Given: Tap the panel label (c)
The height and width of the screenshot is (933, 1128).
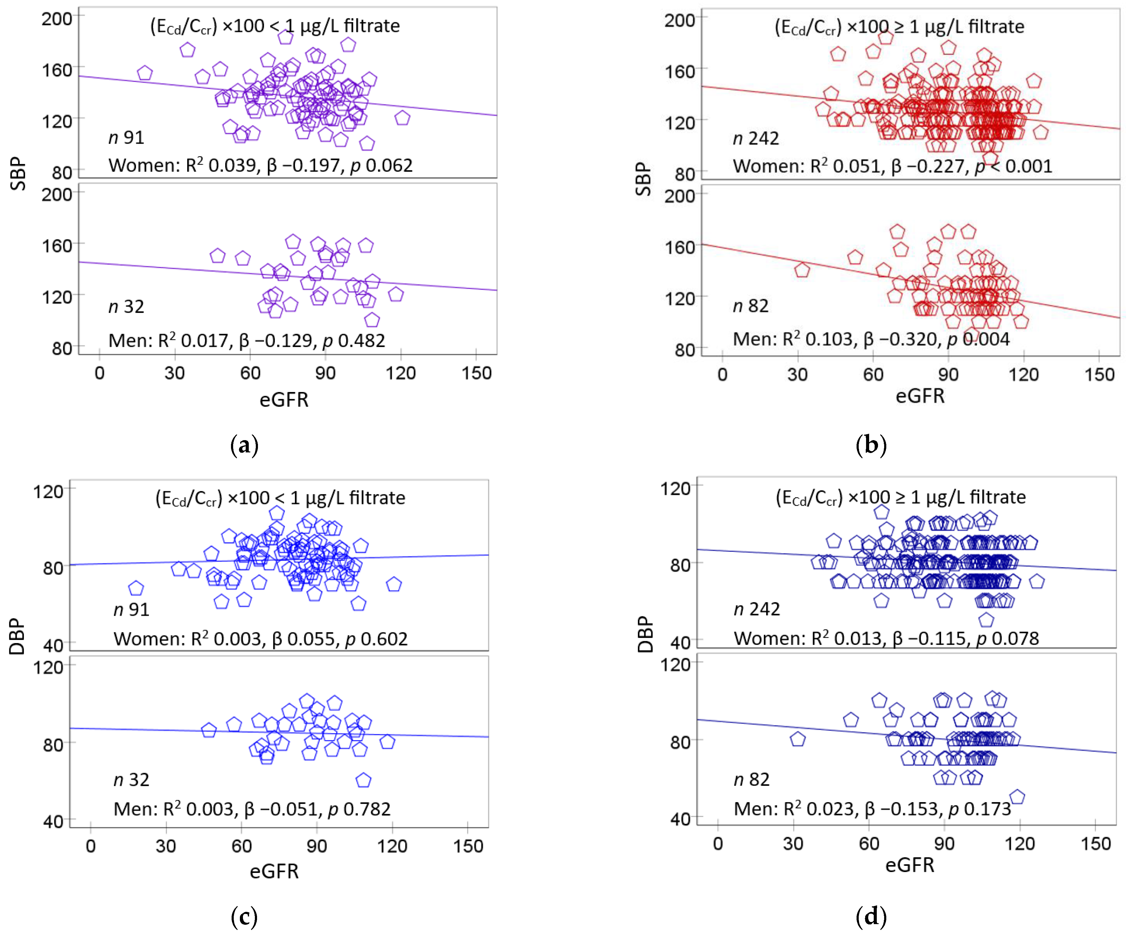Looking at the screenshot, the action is [x=244, y=916].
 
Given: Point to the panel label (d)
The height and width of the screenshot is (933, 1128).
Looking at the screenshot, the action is [x=871, y=916].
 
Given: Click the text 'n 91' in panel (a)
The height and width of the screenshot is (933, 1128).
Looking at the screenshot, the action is [x=126, y=138].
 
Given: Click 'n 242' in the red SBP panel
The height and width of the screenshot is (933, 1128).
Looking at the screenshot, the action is [x=756, y=139].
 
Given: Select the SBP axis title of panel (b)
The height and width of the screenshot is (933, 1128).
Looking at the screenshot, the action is [x=643, y=179].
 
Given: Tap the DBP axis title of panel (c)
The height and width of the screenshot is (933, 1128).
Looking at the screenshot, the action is [x=17, y=636].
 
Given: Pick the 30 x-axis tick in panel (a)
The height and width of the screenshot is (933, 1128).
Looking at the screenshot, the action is [x=175, y=373].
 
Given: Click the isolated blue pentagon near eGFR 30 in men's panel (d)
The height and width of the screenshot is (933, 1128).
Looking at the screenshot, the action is [x=798, y=740].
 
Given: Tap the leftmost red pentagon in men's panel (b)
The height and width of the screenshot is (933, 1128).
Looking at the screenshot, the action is [x=802, y=270].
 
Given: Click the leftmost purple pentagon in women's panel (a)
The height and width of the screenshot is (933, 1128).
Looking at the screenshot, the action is [x=145, y=73].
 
